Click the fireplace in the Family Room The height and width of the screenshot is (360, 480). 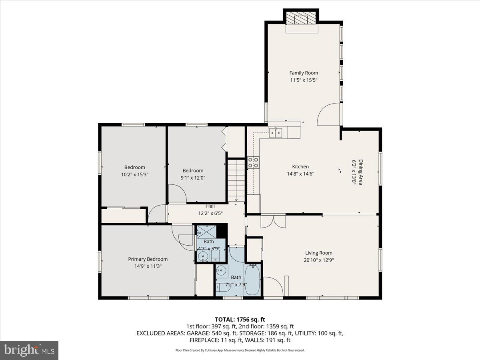coord(301,18)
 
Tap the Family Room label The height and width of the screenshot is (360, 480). coord(304,73)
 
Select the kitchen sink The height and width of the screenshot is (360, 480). coord(276,132)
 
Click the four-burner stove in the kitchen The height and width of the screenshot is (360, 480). coord(253,162)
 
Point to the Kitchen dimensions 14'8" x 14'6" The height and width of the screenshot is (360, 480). coord(300,174)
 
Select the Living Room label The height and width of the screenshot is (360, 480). coord(318,253)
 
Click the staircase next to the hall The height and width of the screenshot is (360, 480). coord(236,180)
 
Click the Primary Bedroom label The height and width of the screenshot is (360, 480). coord(148,259)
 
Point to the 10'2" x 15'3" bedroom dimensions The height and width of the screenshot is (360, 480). coord(134,174)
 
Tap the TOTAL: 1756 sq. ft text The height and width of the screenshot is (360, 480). coord(240,319)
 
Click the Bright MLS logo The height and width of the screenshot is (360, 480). coord(29,350)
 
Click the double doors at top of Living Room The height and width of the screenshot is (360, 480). coord(273,221)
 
